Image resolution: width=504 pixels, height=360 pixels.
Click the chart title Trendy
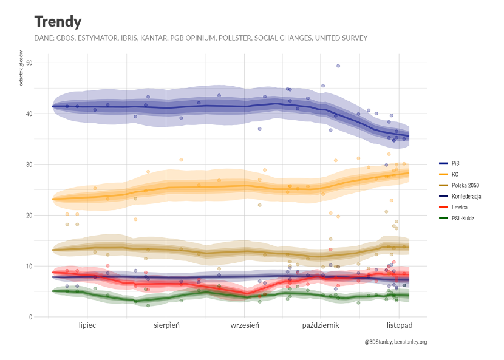pos(58,22)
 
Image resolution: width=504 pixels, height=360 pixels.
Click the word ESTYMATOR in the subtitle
pos(106,38)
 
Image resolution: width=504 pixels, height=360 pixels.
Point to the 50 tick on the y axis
pos(29,63)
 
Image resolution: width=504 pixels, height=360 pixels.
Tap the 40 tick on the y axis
pos(29,114)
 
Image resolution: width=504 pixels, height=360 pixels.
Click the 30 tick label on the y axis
pos(29,165)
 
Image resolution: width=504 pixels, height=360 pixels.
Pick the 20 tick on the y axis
pos(29,215)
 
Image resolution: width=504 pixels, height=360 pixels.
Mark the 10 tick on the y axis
pos(29,266)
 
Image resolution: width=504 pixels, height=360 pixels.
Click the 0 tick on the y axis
pos(30,317)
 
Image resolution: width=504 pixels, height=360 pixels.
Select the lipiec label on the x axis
pos(87,325)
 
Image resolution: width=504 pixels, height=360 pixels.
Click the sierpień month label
pos(166,325)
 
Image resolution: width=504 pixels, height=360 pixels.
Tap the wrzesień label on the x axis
pos(245,325)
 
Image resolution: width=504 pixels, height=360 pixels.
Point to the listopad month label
pos(399,325)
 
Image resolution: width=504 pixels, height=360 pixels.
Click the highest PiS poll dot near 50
pos(338,66)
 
